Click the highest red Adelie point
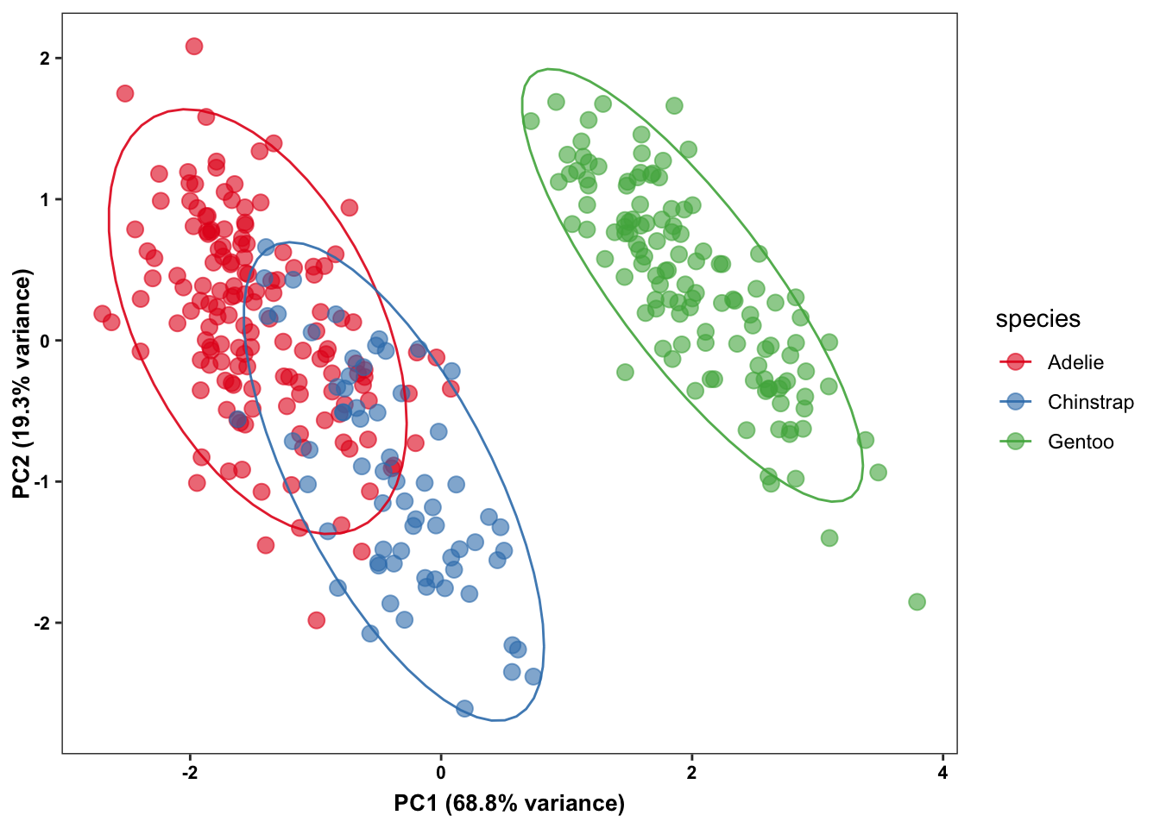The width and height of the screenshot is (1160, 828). pos(194,47)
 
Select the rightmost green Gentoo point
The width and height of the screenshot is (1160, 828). pos(917,602)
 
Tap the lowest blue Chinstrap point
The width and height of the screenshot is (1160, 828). pos(464,709)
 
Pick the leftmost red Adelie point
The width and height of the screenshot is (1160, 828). pos(102,314)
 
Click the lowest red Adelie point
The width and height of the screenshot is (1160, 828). pos(316,620)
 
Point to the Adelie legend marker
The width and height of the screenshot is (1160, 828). pos(1016,362)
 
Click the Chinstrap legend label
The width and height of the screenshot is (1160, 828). pos(1090,402)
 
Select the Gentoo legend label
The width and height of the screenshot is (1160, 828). pos(1080,442)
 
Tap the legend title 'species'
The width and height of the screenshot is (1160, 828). pos(1037,319)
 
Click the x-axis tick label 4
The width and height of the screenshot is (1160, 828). pos(942,773)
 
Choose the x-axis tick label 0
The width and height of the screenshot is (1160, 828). pos(441,773)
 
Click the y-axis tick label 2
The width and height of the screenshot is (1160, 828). pos(45,58)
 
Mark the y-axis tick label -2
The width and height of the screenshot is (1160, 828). pos(42,623)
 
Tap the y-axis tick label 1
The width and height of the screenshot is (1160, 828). pos(45,199)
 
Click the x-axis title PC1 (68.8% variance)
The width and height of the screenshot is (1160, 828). pos(509,804)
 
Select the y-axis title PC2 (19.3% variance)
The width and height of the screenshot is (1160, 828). pos(22,384)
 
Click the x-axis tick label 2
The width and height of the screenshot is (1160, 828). pos(691,773)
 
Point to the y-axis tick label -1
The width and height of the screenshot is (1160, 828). pos(42,481)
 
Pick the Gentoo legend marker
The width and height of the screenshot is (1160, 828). pos(1016,442)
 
